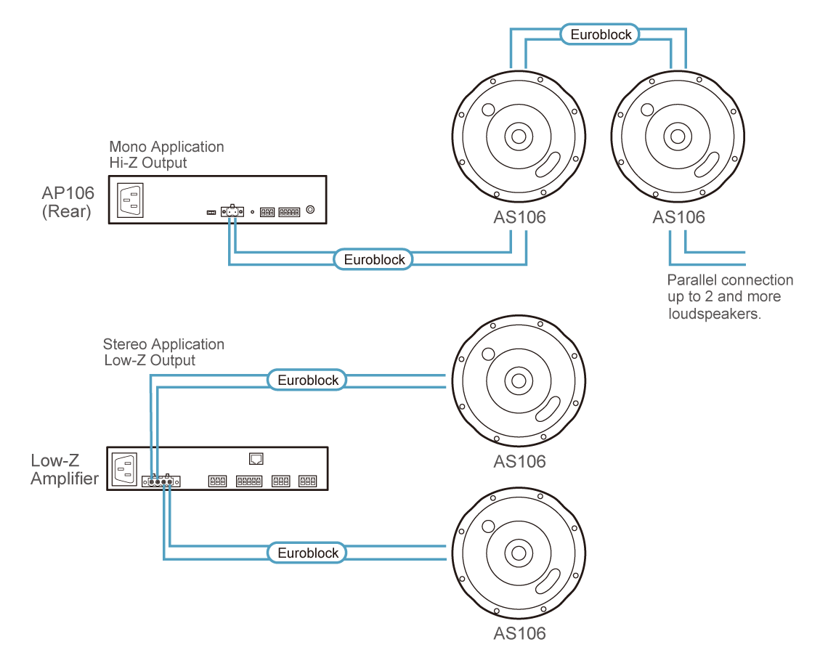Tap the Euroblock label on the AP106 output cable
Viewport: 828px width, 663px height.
[x=374, y=259]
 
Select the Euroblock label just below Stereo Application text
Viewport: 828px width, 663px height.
[x=308, y=380]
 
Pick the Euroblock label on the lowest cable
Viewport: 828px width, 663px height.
[x=308, y=553]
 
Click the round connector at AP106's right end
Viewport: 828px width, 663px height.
[x=311, y=210]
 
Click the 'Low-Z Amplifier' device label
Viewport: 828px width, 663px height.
[x=65, y=469]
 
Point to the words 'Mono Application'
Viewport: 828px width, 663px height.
[x=166, y=147]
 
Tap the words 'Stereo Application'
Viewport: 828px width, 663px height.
[x=163, y=344]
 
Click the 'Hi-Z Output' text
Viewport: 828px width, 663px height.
[x=147, y=163]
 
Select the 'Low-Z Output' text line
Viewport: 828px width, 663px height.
[x=150, y=360]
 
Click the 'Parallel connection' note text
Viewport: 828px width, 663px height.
[x=730, y=280]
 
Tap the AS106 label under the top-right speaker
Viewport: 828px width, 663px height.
[x=678, y=217]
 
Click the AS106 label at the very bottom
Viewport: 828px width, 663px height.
[x=519, y=633]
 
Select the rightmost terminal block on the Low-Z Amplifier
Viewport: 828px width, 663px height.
[x=307, y=481]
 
